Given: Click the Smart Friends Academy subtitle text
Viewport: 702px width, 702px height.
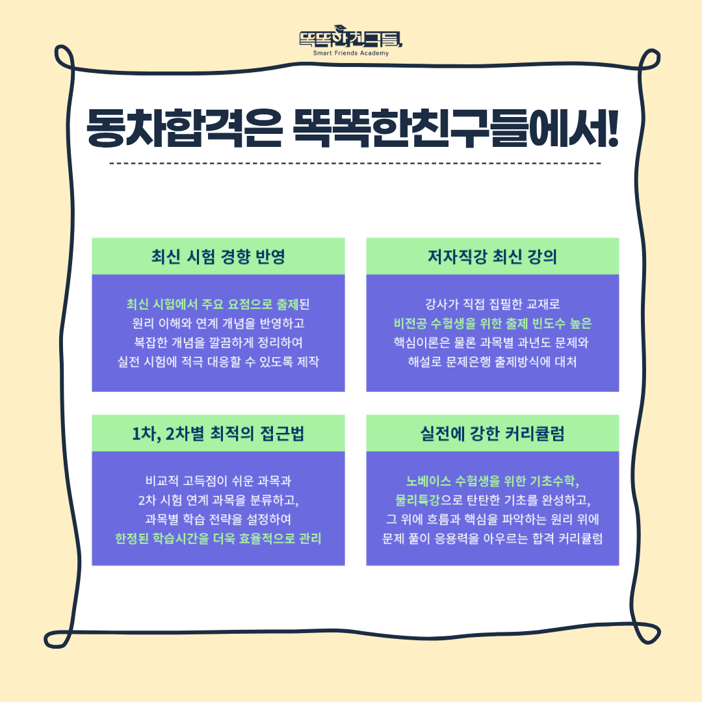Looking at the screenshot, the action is (x=351, y=53).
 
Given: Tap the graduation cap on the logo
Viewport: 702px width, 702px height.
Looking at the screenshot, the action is (x=341, y=28).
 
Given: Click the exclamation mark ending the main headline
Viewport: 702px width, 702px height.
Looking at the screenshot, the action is (x=612, y=127).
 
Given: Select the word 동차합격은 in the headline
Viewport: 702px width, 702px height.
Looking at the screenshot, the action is (x=185, y=127).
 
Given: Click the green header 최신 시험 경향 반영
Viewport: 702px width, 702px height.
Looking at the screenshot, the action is (x=218, y=257).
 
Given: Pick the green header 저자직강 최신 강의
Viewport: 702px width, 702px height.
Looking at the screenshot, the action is (x=493, y=257).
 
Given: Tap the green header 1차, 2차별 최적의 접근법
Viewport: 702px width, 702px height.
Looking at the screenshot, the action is (x=218, y=434).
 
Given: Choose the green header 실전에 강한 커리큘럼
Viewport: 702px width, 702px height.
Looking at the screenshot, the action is (x=493, y=434).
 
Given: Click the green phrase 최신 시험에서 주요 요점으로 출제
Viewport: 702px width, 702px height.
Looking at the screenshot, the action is (x=212, y=304).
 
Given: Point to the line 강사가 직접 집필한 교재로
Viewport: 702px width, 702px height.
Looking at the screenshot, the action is (x=493, y=304).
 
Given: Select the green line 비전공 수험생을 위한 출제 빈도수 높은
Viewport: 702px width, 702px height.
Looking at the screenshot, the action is (x=493, y=323).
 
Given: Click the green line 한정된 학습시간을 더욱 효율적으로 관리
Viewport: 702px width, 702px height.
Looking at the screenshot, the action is (x=218, y=538).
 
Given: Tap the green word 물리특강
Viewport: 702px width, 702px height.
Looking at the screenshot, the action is (x=418, y=500).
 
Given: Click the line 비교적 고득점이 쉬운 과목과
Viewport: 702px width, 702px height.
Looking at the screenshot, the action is (x=218, y=481).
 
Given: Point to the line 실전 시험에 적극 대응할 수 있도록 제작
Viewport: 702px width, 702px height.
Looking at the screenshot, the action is (x=218, y=361).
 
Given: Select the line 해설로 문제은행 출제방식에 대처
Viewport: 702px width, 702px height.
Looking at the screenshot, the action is (x=493, y=361).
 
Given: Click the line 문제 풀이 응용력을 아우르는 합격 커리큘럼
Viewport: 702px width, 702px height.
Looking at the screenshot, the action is (x=493, y=538).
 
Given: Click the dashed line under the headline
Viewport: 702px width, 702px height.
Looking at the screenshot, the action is (x=355, y=163).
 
